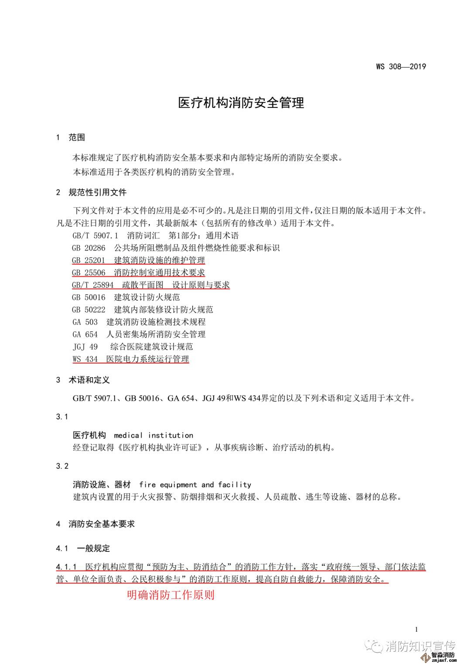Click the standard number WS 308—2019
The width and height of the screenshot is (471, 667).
coord(400,67)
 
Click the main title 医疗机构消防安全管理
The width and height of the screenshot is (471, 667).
coord(241,103)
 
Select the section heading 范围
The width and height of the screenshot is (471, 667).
coord(77,138)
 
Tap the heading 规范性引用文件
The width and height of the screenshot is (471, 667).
coord(98,193)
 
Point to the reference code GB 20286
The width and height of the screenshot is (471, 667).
coord(89,248)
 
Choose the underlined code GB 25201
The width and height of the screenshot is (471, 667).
coord(89,261)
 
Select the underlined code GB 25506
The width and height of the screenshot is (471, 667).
coord(89,273)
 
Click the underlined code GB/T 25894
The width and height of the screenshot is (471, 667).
coord(92,285)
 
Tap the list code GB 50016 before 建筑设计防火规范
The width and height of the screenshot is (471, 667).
coord(89,297)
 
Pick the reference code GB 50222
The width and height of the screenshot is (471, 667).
coord(89,309)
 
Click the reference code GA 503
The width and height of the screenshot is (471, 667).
coord(85,322)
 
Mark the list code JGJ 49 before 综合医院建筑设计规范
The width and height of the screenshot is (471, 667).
coord(85,347)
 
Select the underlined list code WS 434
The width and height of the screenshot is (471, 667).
coord(85,359)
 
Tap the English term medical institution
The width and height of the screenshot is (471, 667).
coord(153,435)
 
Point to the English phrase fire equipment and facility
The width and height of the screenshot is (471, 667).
coord(195,485)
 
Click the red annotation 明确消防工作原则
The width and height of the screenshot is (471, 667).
coord(171,595)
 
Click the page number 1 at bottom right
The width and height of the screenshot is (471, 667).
coord(416,629)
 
